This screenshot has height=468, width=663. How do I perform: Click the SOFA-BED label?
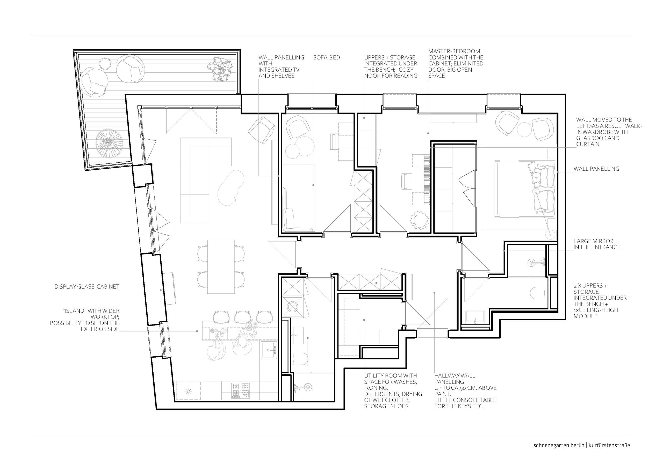[x=327, y=58]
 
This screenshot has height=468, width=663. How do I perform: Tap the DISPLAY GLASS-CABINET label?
[x=87, y=287]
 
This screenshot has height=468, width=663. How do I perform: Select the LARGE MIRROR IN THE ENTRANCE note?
[x=597, y=244]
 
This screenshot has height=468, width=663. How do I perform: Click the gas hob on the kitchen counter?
[x=240, y=390]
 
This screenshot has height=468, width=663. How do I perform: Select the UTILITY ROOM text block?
[x=393, y=391]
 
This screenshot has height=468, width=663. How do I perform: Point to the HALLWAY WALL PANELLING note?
[x=465, y=391]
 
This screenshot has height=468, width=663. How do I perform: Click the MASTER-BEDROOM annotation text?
[x=455, y=63]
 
